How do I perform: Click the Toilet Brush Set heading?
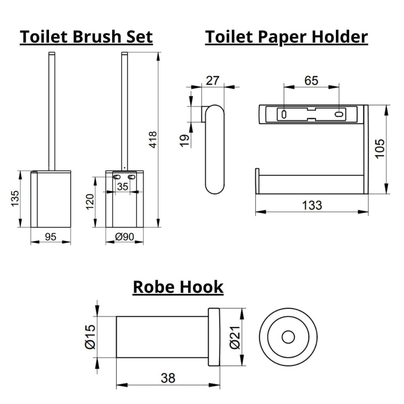click(86, 37)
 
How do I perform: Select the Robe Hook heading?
click(178, 287)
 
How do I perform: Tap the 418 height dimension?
click(153, 140)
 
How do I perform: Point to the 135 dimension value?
click(15, 198)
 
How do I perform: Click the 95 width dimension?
click(50, 237)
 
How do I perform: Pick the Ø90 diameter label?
click(125, 237)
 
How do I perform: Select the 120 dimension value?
click(90, 202)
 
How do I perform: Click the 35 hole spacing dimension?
click(122, 187)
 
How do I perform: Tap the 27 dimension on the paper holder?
click(212, 81)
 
